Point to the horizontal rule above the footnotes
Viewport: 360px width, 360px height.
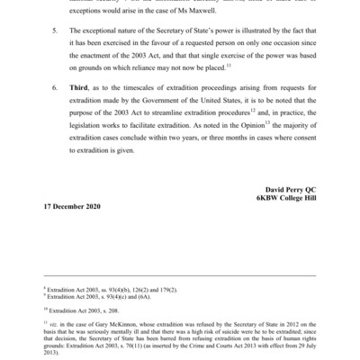[180, 276]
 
